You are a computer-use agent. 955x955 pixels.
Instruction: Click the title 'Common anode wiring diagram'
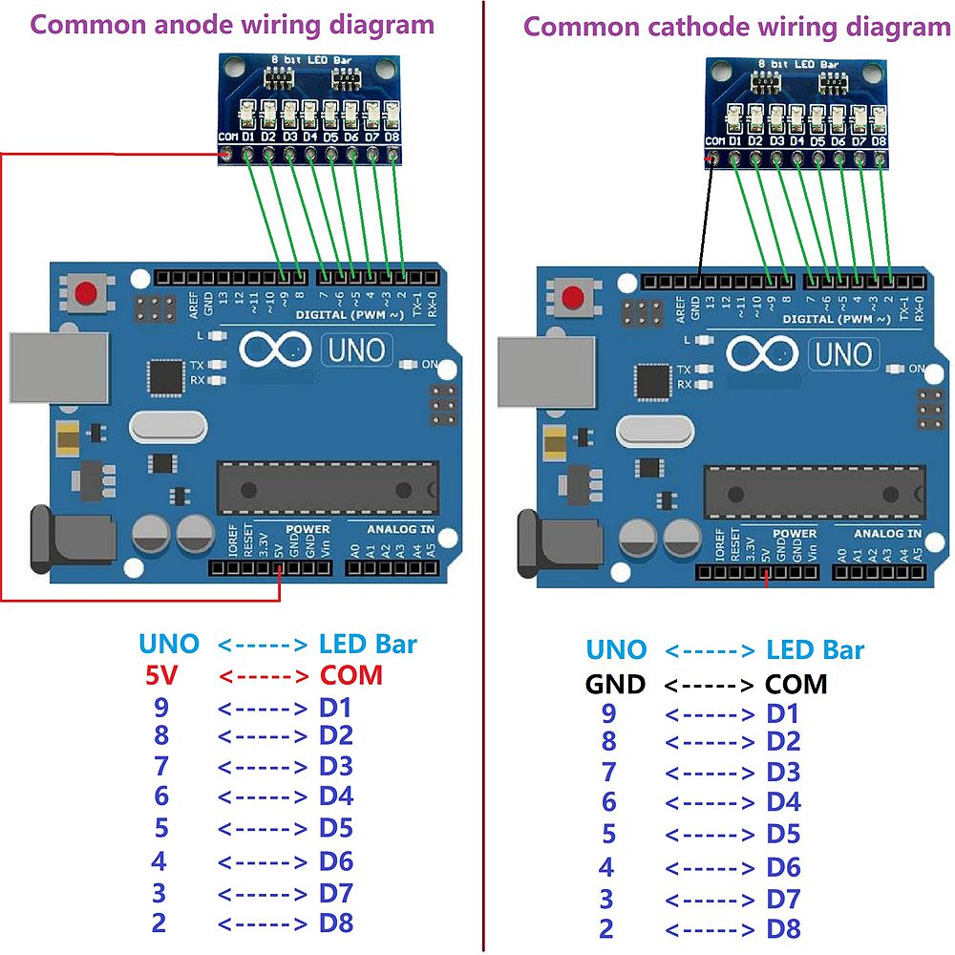point(233,25)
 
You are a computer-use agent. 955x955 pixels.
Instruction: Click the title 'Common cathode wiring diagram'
point(736,27)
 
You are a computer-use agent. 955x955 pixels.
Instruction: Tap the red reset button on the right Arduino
point(577,295)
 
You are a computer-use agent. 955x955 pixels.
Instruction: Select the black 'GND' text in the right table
point(615,684)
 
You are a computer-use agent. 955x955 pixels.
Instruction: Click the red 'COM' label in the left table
point(350,675)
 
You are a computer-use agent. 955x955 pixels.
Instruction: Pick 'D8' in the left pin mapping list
point(336,923)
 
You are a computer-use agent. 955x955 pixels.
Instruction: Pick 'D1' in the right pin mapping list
point(783,713)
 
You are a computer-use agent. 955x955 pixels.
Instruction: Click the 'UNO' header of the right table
point(616,650)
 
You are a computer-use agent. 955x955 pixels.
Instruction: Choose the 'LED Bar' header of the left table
point(368,644)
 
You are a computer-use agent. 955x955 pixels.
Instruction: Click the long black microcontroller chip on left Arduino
point(328,487)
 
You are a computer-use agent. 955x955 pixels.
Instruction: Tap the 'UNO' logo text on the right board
point(842,354)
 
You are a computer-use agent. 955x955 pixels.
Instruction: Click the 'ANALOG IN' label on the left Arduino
point(401,528)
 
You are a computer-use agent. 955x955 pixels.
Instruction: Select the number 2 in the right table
point(606,928)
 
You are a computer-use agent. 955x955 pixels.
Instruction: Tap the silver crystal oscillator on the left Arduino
point(168,426)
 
